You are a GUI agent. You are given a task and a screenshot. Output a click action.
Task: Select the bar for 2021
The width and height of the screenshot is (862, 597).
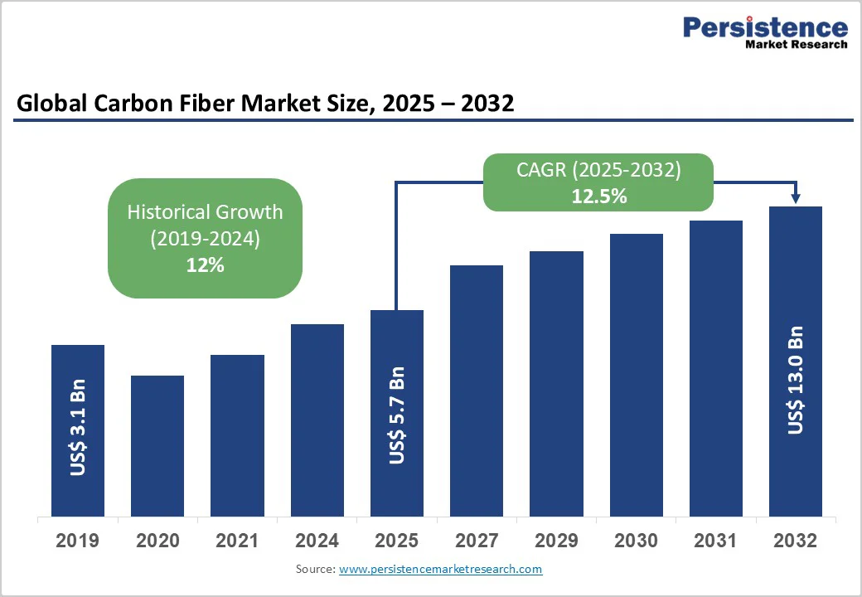coord(237,435)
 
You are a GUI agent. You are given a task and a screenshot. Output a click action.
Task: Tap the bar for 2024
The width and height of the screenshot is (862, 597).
coord(317,420)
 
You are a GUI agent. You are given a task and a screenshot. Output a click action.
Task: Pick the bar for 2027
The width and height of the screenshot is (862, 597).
coord(477,391)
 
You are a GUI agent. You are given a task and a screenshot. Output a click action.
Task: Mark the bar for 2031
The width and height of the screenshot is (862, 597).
coord(716,368)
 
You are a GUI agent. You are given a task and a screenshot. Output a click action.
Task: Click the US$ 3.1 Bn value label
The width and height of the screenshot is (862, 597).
coord(78,429)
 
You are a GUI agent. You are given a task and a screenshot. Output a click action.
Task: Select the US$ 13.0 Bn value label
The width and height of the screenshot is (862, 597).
coord(796,380)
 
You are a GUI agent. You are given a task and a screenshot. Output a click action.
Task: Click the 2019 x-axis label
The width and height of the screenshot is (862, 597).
coord(78,541)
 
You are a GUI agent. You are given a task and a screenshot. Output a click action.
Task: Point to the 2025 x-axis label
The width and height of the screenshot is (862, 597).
coord(397,541)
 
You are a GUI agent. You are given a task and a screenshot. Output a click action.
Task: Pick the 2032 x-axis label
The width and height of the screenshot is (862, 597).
coord(796,541)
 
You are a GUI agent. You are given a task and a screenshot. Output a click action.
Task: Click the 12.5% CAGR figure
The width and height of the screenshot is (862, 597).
coord(598,197)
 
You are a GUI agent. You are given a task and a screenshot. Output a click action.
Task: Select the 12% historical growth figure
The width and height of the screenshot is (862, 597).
coord(205,265)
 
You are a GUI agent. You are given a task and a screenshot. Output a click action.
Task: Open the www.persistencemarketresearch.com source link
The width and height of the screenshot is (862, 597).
coord(440,570)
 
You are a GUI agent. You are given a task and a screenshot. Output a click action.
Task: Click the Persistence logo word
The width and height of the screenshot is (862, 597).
coord(764,27)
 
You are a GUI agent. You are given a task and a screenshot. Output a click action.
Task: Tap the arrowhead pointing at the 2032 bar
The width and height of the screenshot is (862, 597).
coord(796,197)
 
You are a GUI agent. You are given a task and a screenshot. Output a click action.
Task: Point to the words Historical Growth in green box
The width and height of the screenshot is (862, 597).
coord(205,211)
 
